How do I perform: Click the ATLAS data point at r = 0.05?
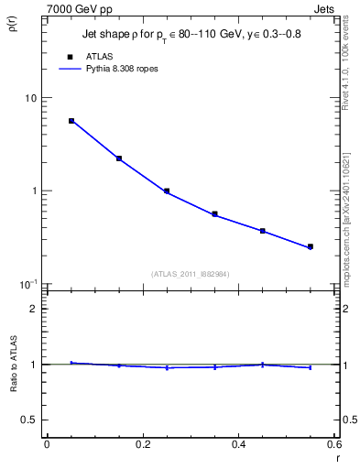71,121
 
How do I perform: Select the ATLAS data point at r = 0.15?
119,158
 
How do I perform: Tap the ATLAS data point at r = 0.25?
167,191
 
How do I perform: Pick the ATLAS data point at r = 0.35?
214,214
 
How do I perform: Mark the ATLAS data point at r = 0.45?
262,231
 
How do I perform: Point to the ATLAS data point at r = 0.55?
311,246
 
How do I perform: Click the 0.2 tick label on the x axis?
143,444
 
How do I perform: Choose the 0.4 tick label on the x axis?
238,444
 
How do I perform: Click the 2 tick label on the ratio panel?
34,309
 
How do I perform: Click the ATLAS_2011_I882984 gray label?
191,273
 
